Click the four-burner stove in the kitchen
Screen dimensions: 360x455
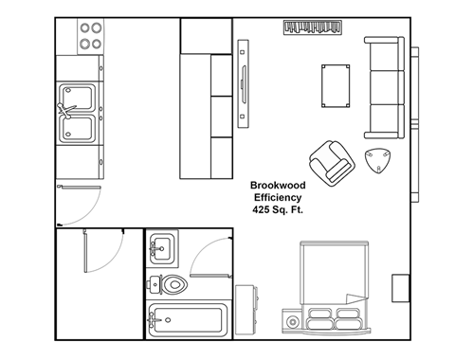[x=91, y=36]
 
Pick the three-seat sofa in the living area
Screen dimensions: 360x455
[x=384, y=88]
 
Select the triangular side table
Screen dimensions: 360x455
[x=380, y=162]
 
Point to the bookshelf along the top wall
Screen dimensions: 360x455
[x=312, y=28]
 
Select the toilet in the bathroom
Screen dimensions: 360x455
[x=172, y=283]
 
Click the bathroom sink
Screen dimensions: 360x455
[x=161, y=249]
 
